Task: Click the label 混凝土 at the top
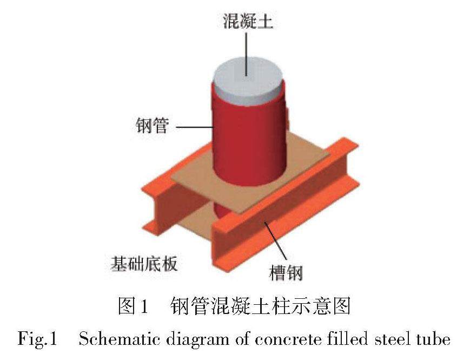(x=247, y=22)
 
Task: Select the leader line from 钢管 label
(x=195, y=128)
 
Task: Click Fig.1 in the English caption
(x=38, y=339)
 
